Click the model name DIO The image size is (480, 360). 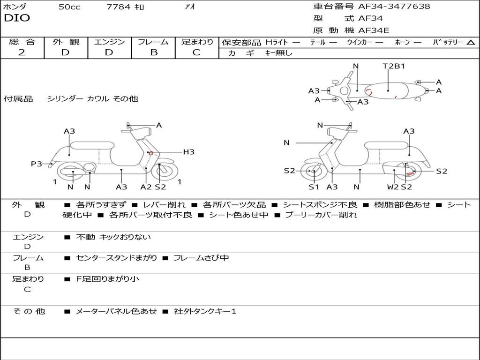pyautogui.click(x=17, y=18)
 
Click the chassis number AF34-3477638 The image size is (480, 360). pyautogui.click(x=394, y=6)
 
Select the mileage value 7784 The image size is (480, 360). pyautogui.click(x=119, y=7)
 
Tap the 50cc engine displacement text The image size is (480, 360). pyautogui.click(x=69, y=7)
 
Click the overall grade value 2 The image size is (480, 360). pyautogui.click(x=22, y=52)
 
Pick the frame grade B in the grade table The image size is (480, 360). pyautogui.click(x=154, y=52)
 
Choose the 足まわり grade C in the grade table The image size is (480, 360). pyautogui.click(x=196, y=52)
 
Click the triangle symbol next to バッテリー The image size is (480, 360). pyautogui.click(x=471, y=43)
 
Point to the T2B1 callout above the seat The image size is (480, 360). pyautogui.click(x=394, y=66)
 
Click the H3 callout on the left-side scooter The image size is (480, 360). pyautogui.click(x=188, y=152)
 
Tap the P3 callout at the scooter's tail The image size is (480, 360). pyautogui.click(x=37, y=164)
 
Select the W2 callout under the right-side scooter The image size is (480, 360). pyautogui.click(x=393, y=187)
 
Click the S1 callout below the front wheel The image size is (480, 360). pyautogui.click(x=314, y=187)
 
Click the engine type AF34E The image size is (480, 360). pyautogui.click(x=374, y=30)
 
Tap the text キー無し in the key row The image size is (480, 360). pyautogui.click(x=278, y=53)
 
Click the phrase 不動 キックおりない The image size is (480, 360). pyautogui.click(x=113, y=237)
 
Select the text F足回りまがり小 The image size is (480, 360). pyautogui.click(x=107, y=279)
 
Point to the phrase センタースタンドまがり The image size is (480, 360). pyautogui.click(x=116, y=258)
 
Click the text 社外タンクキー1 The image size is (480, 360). pyautogui.click(x=205, y=311)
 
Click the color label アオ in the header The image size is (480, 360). pyautogui.click(x=190, y=7)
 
